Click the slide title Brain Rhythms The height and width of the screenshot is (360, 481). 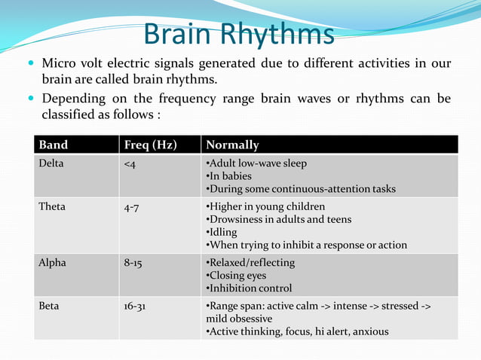coord(238,35)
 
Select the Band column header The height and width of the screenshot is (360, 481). coord(53,145)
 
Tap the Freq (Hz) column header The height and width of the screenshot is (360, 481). coord(150,145)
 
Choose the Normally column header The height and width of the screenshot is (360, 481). coord(232,145)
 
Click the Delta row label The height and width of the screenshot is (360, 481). coord(52,163)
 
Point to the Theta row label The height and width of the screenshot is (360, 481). coord(52,206)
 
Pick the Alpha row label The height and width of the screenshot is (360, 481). coord(53,263)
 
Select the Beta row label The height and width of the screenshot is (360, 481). coord(51,307)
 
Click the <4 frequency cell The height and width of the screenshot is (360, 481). coord(130,163)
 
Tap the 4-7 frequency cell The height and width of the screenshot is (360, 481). coord(131,206)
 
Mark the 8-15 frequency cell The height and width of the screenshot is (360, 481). coord(133,263)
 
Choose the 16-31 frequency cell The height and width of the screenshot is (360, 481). coord(136,307)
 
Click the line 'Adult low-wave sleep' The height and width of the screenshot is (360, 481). coord(258,163)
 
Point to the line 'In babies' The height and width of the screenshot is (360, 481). coord(231,176)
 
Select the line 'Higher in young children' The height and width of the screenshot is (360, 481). coord(267,206)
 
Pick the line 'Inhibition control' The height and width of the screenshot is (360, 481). coord(251,288)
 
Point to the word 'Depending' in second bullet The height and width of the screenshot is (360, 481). coord(74,99)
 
